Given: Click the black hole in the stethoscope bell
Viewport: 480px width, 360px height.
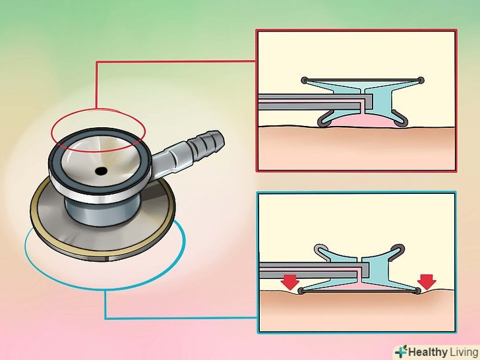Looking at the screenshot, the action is pos(101,171).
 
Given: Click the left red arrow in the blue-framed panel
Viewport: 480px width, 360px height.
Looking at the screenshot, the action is pos(289,282).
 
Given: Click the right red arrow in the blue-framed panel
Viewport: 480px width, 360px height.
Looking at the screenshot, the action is pos(427,282).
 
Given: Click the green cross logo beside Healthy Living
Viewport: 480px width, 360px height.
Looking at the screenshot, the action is pos(401,352).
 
